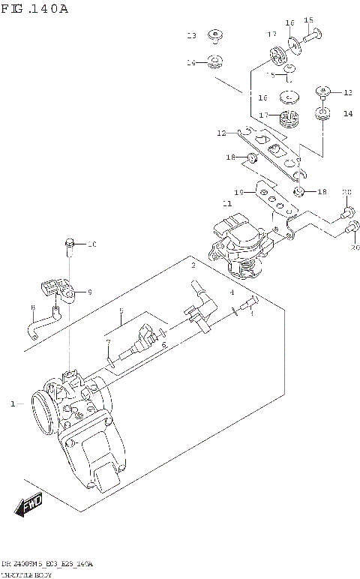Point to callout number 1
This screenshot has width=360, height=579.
(x=13, y=404)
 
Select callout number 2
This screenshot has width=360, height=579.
(x=193, y=266)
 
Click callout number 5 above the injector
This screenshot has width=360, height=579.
(x=120, y=310)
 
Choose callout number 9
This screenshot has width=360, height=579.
(x=88, y=292)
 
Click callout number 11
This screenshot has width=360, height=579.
(x=226, y=202)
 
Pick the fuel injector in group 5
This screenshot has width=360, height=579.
(x=139, y=342)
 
